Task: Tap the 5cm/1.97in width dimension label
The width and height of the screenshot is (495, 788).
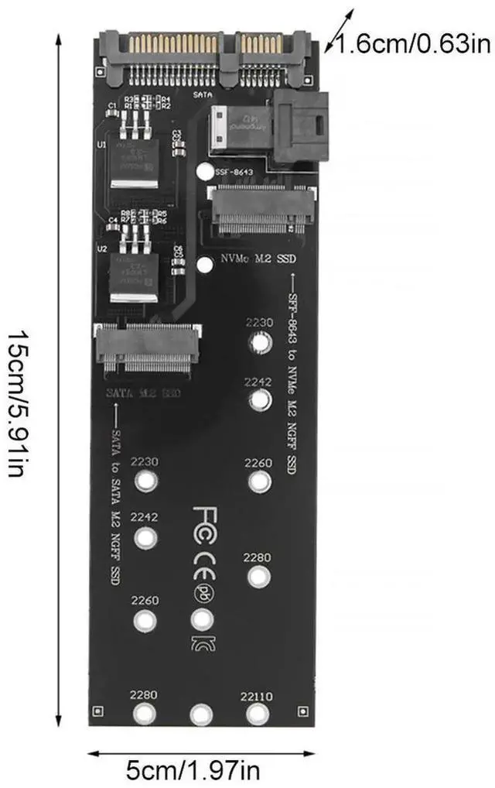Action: pos(193,770)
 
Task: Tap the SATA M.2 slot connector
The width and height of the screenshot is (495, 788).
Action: pos(148,348)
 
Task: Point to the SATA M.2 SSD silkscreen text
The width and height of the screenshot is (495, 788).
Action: pos(144,393)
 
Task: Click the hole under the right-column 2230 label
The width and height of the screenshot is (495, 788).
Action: pos(261,343)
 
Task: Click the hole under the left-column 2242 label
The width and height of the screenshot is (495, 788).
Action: pos(145,536)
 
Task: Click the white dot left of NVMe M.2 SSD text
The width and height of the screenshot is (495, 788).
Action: pos(204,265)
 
